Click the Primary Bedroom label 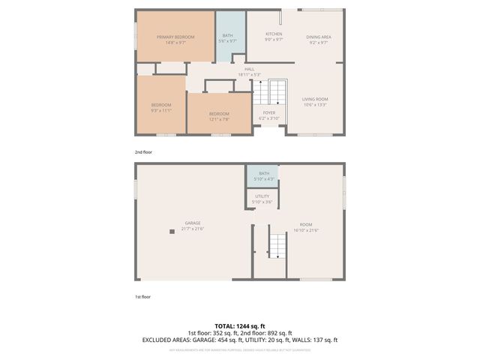pos(175,40)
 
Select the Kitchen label pos(274,37)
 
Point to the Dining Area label pos(319,40)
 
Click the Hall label pos(249,72)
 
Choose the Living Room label pos(316,102)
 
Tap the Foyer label pos(268,115)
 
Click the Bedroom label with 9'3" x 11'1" pos(161,107)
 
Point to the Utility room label pos(262,199)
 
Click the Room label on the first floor pos(306,227)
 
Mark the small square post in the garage pos(172,232)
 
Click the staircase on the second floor pos(278,92)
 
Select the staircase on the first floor pos(278,245)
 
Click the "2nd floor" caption pos(142,152)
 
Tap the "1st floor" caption pos(142,297)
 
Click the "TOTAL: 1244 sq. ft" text pos(240,326)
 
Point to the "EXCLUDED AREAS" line pos(240,340)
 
